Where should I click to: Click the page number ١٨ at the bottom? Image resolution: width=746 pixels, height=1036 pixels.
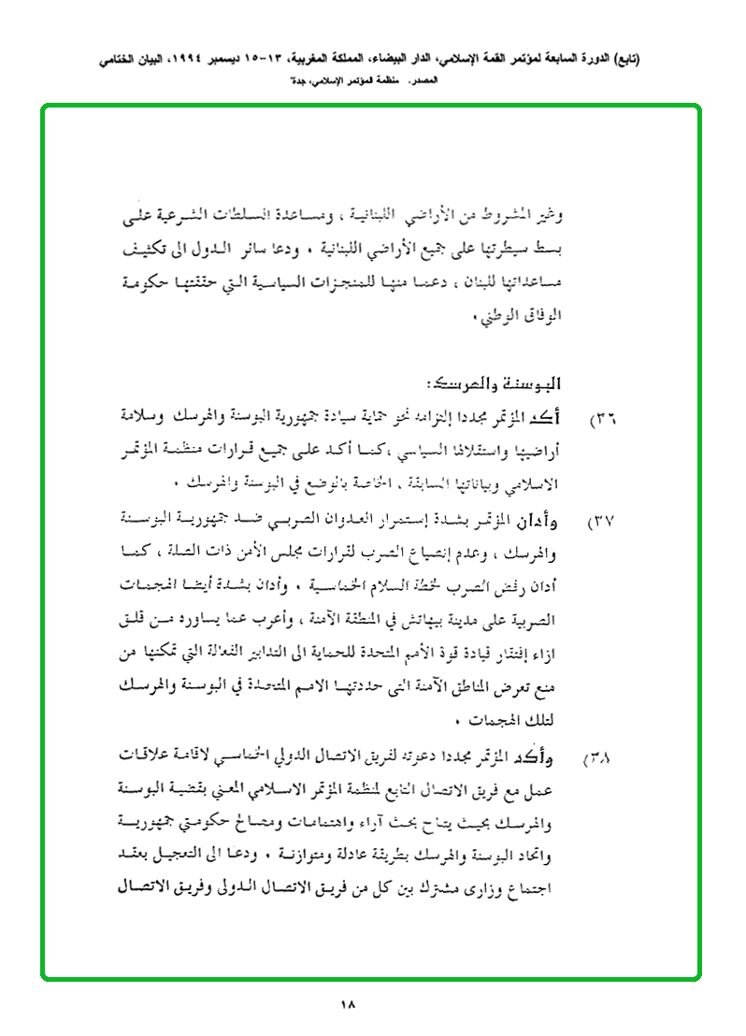pos(350,1005)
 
